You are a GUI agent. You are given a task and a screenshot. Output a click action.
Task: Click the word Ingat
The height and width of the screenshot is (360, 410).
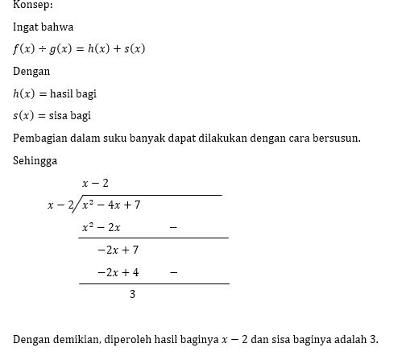(26, 27)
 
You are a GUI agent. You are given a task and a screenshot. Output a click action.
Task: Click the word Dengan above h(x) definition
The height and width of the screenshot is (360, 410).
(31, 71)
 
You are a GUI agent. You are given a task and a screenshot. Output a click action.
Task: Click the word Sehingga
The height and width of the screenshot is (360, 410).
(35, 160)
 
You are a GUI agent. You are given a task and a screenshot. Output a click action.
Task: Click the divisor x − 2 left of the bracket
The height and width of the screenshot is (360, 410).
(59, 205)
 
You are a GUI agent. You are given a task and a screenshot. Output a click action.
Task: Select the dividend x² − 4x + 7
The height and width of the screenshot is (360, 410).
(111, 205)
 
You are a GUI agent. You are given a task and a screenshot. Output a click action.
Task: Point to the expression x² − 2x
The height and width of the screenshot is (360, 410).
(101, 228)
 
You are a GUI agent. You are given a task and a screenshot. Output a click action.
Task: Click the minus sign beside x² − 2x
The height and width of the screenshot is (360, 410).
(173, 228)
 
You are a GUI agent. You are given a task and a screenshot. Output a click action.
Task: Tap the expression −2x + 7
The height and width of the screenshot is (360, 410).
(118, 250)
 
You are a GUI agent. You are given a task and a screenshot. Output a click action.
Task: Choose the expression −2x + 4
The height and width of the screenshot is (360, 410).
(118, 273)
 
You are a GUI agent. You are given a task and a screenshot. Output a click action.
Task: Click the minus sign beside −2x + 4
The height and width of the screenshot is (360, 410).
(173, 273)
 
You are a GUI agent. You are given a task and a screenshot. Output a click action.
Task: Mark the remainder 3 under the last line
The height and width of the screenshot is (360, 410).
(132, 296)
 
